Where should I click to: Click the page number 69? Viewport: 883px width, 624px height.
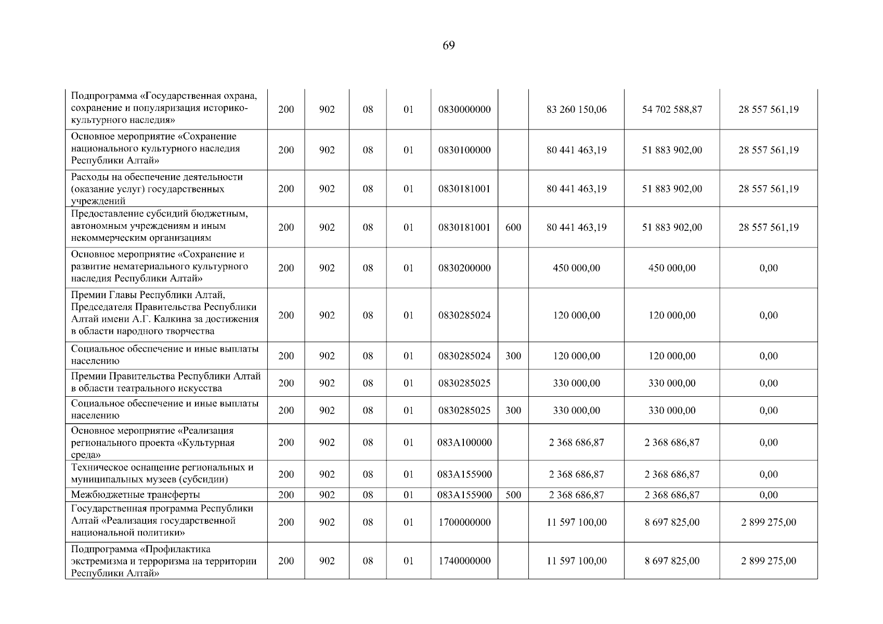pos(448,46)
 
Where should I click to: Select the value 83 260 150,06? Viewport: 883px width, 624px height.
pos(576,110)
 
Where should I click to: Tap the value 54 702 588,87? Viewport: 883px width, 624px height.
pos(672,110)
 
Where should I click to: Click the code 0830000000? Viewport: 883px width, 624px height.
pos(464,110)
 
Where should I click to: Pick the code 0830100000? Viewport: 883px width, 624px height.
pos(464,150)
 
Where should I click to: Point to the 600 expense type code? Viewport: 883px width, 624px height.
pos(513,228)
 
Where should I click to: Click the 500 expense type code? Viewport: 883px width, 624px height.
pos(513,495)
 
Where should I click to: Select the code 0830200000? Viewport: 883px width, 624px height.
pos(464,268)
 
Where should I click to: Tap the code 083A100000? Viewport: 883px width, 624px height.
pos(464,443)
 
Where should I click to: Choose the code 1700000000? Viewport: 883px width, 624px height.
pos(464,523)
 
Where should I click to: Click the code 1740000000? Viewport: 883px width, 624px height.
pos(464,561)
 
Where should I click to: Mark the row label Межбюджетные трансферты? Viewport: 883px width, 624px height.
pos(135,495)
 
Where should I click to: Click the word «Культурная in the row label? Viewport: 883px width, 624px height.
pos(206,443)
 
